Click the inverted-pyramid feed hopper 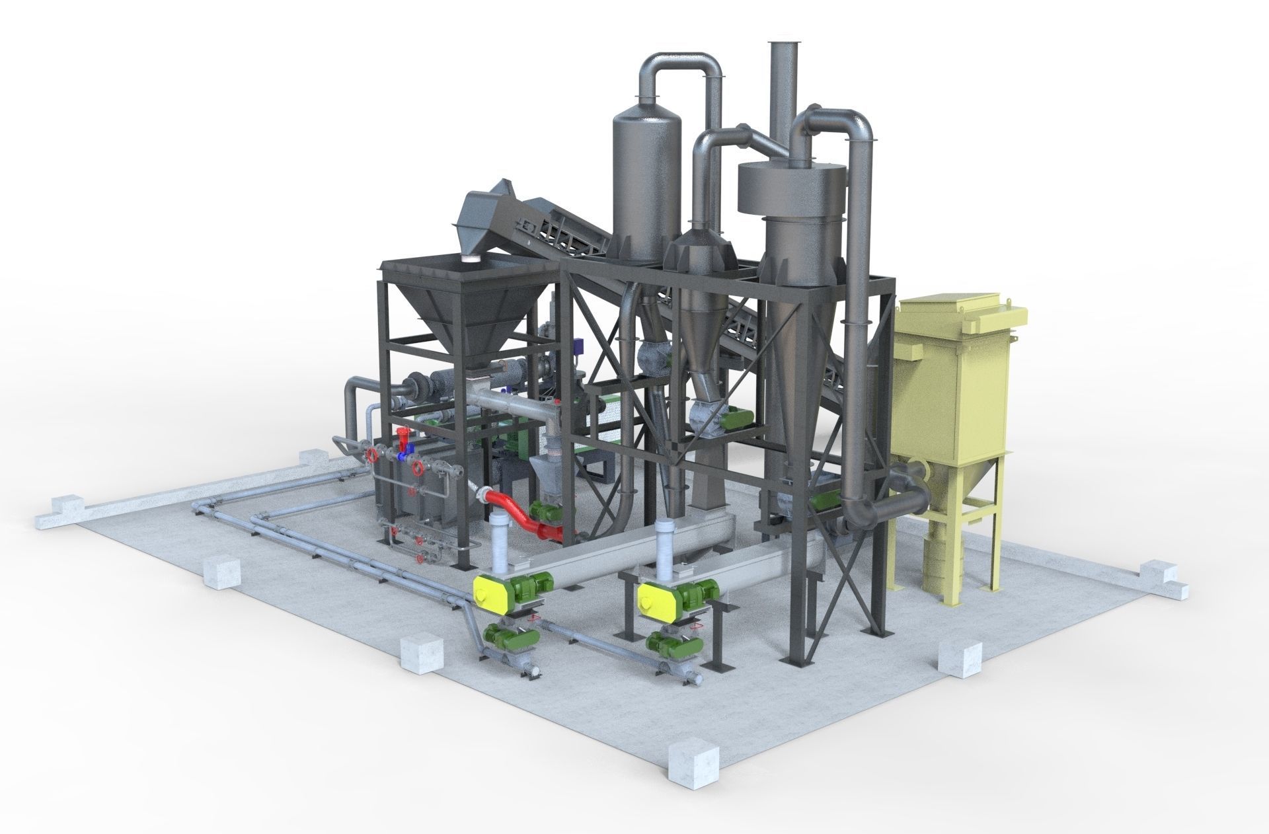466,311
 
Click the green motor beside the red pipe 545,510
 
